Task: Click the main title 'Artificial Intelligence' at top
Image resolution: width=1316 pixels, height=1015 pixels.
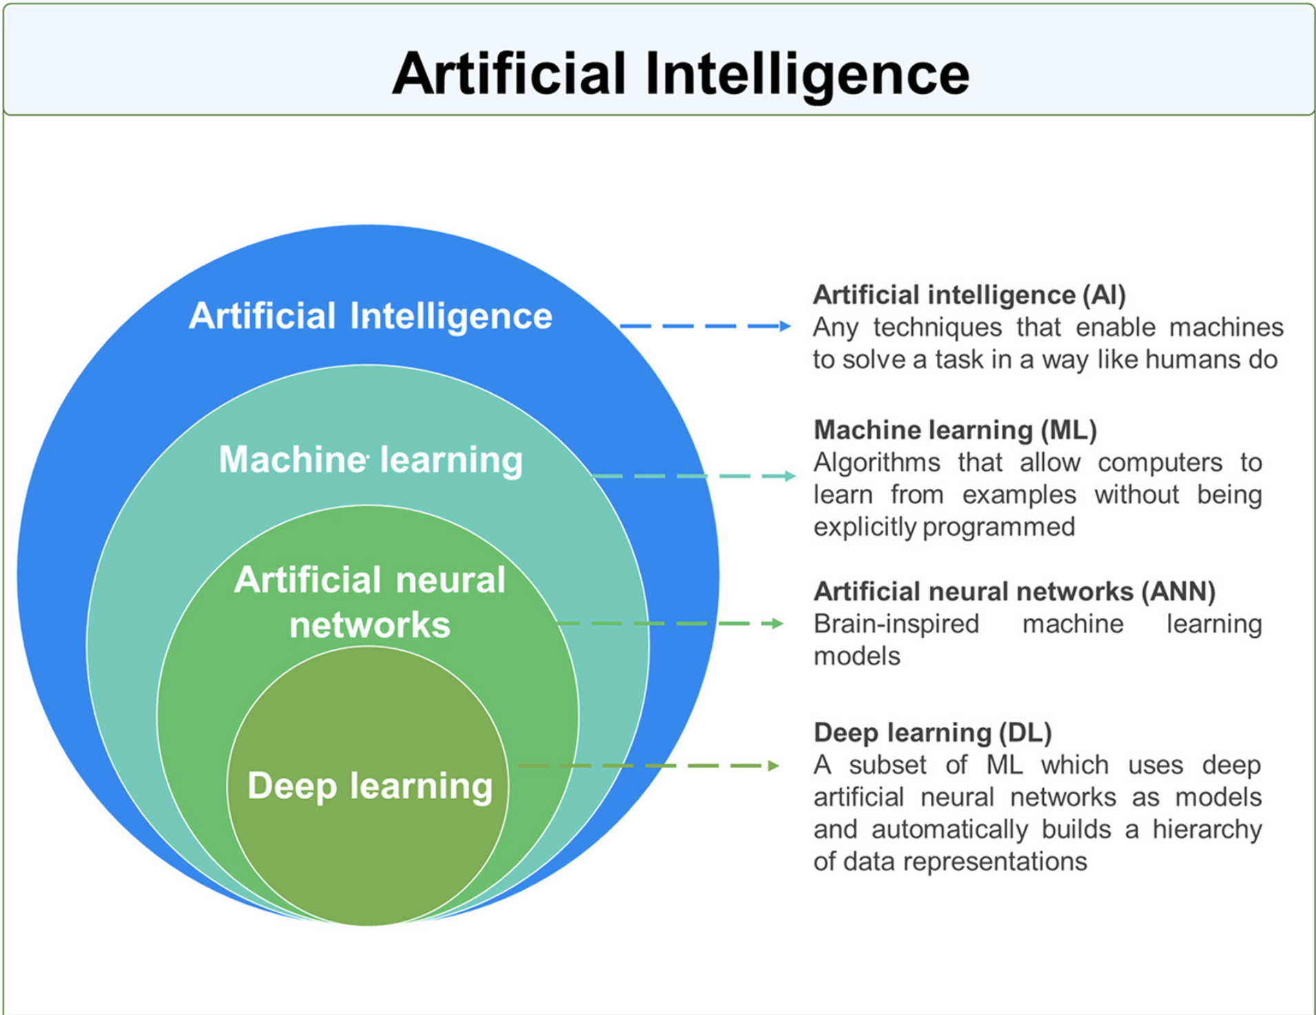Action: point(681,74)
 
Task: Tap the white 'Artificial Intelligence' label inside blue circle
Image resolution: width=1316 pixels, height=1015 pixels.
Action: point(371,316)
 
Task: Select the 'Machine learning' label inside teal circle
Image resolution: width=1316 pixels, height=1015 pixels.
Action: point(371,460)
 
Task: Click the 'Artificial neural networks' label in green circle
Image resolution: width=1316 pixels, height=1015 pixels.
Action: point(370,602)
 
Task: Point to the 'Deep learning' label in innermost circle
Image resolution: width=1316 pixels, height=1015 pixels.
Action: point(370,786)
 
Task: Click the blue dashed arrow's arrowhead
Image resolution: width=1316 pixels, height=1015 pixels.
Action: point(785,326)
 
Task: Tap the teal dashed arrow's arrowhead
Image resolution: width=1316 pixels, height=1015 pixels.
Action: point(790,476)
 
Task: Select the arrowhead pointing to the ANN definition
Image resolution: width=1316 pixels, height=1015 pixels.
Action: point(778,623)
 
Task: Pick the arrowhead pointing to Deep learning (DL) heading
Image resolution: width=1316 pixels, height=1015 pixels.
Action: point(774,765)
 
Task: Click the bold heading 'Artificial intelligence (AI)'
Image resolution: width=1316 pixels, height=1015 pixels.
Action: point(969,295)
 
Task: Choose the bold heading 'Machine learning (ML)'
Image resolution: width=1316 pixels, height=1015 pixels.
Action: point(955,430)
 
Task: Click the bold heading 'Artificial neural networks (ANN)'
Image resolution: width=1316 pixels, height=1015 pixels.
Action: point(1014,592)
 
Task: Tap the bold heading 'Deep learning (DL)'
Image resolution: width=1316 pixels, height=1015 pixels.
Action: point(932,732)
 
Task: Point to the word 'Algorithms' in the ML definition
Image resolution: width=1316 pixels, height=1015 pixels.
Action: point(876,463)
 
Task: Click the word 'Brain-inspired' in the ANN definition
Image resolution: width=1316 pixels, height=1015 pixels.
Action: point(896,624)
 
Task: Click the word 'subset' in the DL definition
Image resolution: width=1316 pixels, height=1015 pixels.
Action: point(887,765)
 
